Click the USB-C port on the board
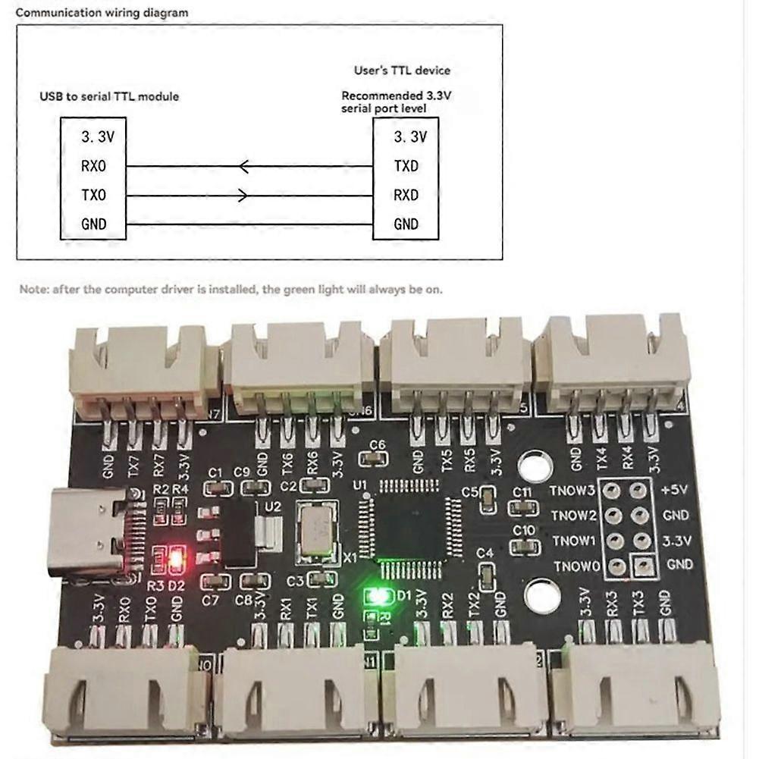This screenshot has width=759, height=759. [87, 531]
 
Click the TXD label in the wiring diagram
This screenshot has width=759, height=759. [406, 166]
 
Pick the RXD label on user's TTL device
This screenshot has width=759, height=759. [406, 195]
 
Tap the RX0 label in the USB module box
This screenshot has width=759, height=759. [94, 166]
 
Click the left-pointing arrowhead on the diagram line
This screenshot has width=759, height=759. [243, 166]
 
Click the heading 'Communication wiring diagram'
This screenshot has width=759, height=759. [102, 13]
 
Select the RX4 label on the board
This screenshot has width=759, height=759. [626, 458]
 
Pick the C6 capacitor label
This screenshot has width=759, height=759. [377, 445]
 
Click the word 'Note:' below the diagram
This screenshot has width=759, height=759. [33, 289]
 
